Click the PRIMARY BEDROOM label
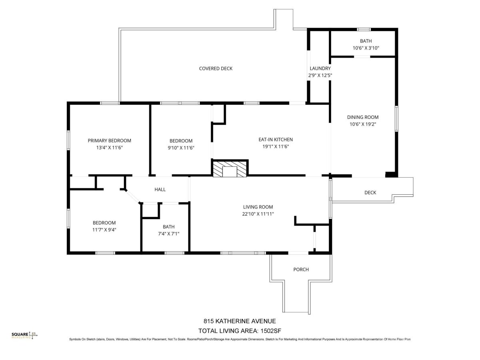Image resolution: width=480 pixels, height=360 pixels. click(109, 140)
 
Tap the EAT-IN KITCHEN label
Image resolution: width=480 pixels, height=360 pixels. click(276, 140)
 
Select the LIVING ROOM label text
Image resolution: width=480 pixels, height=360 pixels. click(258, 207)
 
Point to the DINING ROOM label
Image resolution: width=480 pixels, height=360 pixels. click(363, 117)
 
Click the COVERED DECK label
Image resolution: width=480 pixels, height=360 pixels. click(216, 68)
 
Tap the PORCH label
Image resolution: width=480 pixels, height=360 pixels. click(301, 270)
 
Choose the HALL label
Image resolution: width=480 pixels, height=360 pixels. click(160, 190)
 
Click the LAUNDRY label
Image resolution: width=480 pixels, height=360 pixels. click(320, 68)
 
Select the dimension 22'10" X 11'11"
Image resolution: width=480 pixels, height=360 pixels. click(258, 214)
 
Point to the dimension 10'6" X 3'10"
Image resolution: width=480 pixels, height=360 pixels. click(366, 48)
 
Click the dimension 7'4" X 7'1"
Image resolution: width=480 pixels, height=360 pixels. click(169, 234)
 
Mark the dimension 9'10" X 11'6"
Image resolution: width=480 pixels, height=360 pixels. click(181, 148)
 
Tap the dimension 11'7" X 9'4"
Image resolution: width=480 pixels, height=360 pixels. click(104, 230)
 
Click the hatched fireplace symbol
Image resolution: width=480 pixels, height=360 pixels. click(230, 169)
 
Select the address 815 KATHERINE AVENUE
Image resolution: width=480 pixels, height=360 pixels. click(240, 321)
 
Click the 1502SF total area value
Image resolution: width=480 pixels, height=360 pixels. click(271, 331)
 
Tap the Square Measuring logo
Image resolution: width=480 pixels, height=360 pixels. click(24, 335)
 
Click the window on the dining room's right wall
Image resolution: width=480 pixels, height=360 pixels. click(396, 119)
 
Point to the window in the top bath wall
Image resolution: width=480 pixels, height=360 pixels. click(364, 30)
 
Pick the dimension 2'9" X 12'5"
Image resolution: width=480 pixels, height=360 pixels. click(320, 76)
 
